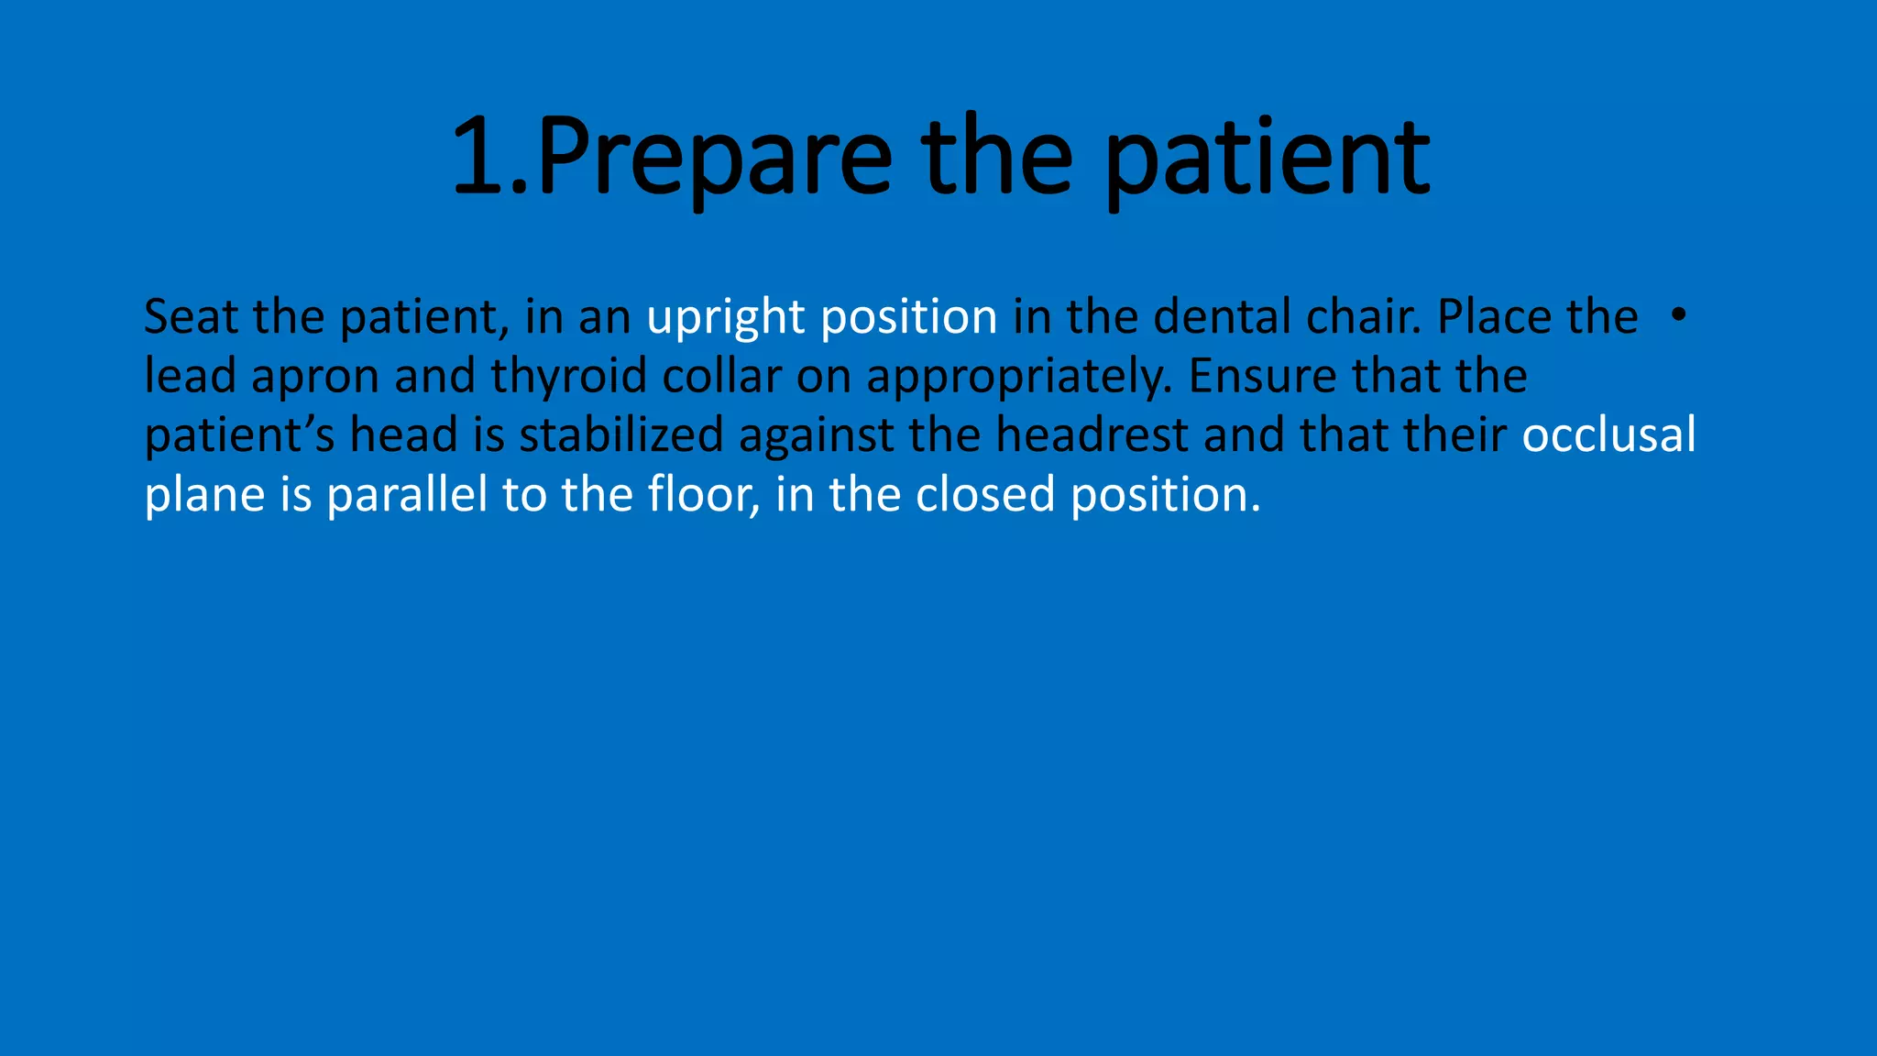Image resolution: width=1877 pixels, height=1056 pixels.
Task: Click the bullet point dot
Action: click(1678, 315)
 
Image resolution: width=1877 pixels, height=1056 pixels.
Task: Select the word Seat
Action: click(191, 317)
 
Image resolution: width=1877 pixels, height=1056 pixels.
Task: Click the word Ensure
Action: click(1261, 376)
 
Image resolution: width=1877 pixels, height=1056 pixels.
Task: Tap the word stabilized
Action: click(620, 435)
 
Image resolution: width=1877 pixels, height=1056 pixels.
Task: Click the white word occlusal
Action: click(1608, 435)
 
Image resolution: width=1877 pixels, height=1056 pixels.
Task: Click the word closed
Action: click(985, 495)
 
